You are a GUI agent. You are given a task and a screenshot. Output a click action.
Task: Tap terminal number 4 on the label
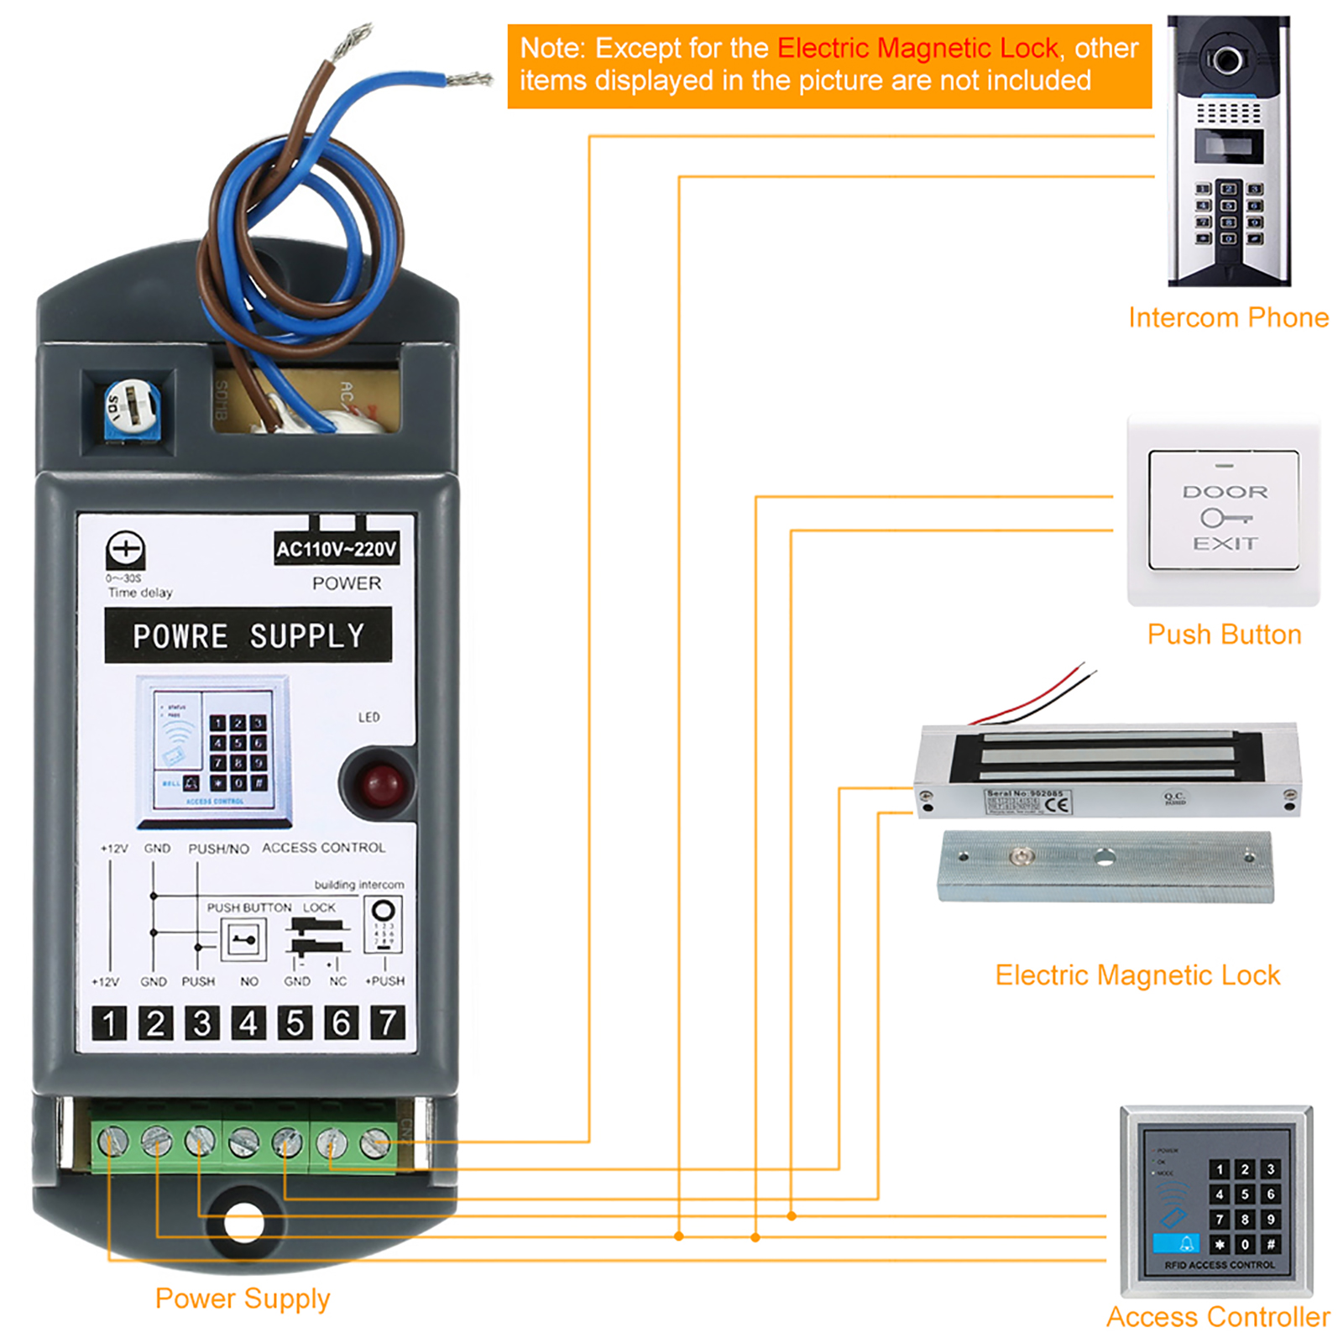(x=248, y=1023)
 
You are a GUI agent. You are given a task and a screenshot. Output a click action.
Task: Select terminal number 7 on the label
(x=387, y=1023)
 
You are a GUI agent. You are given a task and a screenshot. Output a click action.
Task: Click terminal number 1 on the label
(x=109, y=1023)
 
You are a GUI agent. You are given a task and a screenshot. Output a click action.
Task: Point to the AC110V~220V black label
(x=337, y=549)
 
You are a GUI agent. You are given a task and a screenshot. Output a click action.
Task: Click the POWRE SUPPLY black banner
(x=248, y=635)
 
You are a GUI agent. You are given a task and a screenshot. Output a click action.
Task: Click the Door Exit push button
(x=1224, y=510)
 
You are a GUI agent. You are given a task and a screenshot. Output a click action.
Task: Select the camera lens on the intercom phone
(x=1226, y=60)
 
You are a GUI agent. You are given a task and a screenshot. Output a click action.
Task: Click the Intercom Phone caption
(x=1228, y=317)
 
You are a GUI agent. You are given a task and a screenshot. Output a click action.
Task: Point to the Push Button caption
(x=1224, y=635)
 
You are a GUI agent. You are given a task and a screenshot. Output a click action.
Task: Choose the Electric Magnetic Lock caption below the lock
(x=1137, y=975)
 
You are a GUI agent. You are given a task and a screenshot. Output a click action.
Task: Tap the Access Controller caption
(x=1218, y=1317)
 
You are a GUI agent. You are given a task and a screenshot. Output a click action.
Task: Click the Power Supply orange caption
(x=243, y=1299)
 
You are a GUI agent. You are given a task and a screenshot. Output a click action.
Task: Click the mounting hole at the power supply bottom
(x=244, y=1222)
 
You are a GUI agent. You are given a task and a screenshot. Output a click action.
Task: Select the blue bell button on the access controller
(x=1177, y=1243)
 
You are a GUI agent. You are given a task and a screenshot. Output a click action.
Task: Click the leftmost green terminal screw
(x=112, y=1142)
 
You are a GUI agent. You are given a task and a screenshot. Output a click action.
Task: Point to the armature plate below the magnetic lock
(x=1105, y=866)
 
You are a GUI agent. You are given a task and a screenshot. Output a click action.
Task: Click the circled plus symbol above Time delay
(x=126, y=550)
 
